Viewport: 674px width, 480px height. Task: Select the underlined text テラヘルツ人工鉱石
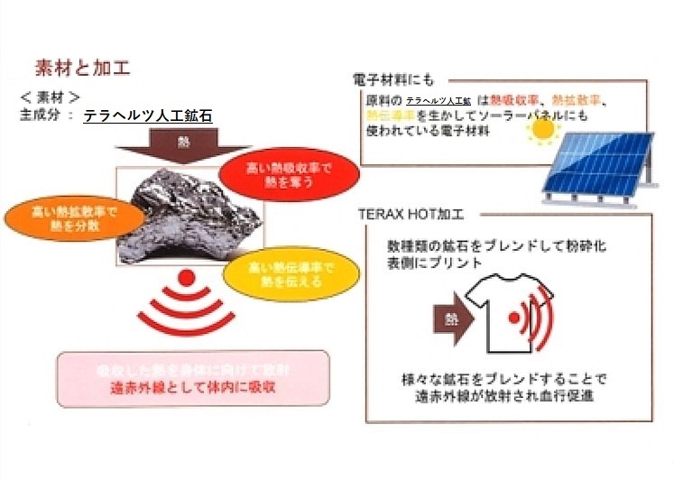(x=148, y=116)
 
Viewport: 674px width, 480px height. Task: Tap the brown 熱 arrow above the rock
(x=184, y=144)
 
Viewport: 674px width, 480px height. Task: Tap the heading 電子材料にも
(x=394, y=80)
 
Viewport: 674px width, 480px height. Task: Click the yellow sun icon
(x=543, y=133)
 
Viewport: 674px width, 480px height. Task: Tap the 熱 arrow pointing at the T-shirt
(x=450, y=318)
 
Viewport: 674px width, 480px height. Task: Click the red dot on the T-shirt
(x=513, y=318)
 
